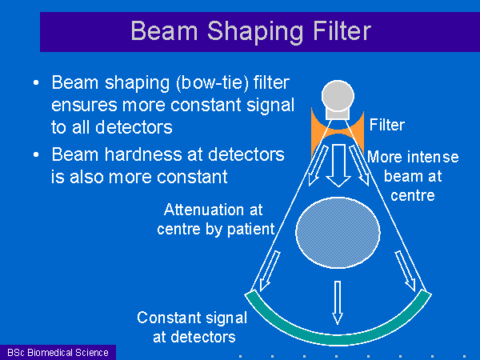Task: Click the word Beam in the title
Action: pos(164,31)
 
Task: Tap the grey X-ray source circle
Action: pos(338,96)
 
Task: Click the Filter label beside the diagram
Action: pos(387,125)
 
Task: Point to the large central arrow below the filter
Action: pos(338,166)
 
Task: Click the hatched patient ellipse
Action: pos(338,233)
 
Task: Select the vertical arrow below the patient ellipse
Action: pos(338,302)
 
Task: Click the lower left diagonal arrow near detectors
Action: pos(270,271)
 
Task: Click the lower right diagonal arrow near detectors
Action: pos(406,271)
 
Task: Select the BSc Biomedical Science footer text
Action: pos(58,353)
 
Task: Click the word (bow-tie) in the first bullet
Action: pos(212,82)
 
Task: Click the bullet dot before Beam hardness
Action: pos(36,154)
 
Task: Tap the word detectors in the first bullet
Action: pos(134,127)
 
